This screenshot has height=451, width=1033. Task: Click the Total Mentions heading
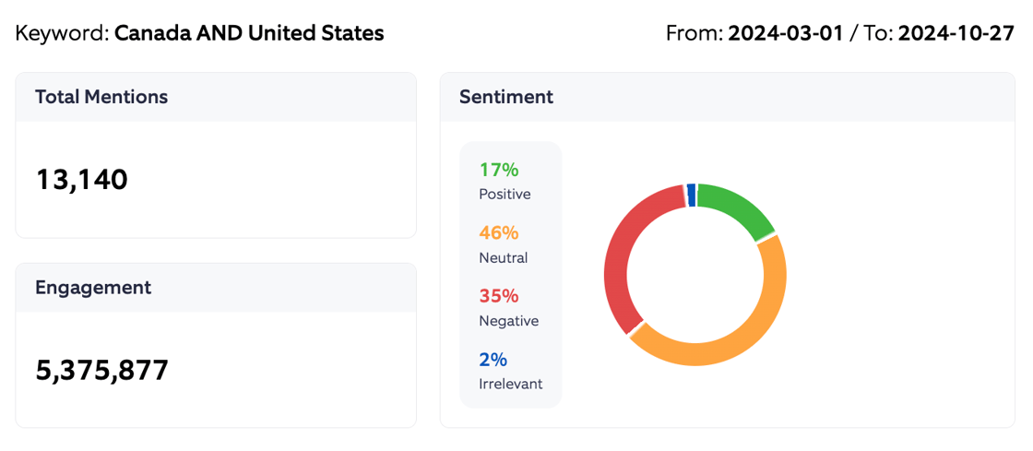[x=101, y=97]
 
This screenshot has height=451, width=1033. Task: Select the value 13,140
[x=81, y=179]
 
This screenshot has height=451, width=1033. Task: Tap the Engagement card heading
[x=93, y=287]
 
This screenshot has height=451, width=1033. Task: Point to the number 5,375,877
[x=102, y=370]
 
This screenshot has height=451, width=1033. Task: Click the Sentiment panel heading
[x=506, y=97]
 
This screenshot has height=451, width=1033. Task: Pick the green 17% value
[x=499, y=170]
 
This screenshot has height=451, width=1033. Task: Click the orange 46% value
[x=500, y=232]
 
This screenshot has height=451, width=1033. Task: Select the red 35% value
[x=499, y=296]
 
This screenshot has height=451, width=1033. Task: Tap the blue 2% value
[x=493, y=360]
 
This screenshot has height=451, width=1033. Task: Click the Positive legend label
[x=505, y=195]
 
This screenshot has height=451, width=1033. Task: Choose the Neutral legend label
[x=504, y=258]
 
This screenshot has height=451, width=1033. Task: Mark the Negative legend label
[x=509, y=321]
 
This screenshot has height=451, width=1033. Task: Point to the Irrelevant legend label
[x=511, y=384]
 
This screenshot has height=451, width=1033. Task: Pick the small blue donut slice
[x=691, y=195]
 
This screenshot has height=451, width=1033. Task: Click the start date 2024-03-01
[x=786, y=34]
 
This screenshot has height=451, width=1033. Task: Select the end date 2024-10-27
[x=956, y=34]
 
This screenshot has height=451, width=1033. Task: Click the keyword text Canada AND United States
[x=249, y=34]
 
